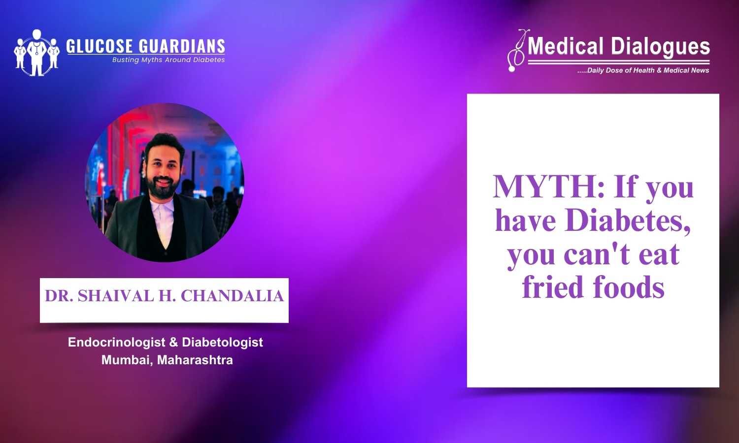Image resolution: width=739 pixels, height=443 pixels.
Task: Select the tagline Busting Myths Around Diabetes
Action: coord(168,60)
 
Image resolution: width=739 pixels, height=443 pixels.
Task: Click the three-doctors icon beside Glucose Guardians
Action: coord(37,53)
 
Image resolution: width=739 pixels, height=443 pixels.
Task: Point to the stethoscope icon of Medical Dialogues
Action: coord(517,51)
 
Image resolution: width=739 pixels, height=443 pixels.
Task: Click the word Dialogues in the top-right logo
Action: coord(660,47)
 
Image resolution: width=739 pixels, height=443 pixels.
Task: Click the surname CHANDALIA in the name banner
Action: coord(232,296)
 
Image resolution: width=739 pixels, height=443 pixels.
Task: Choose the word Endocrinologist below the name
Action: coord(116,342)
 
